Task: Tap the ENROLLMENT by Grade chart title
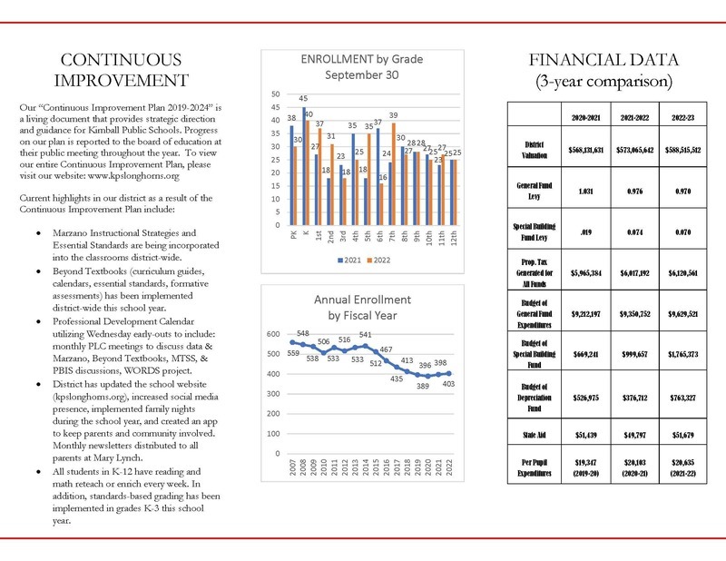[x=361, y=66]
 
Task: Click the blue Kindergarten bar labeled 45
[x=302, y=163]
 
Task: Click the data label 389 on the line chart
[x=422, y=386]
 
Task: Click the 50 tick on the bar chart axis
[x=276, y=94]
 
